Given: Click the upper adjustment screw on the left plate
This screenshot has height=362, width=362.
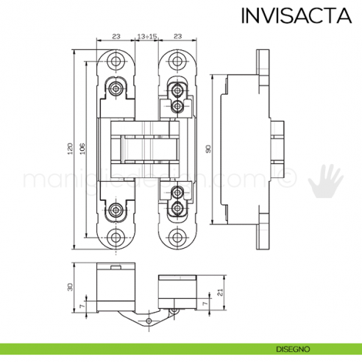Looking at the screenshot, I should click(116, 88).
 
